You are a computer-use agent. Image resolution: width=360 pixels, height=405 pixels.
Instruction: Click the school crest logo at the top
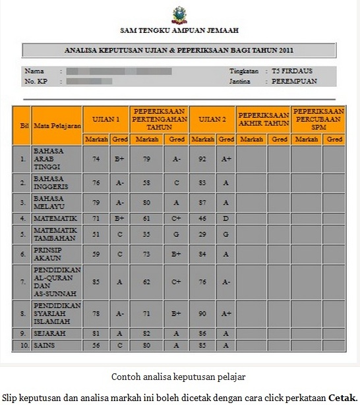tap(179, 14)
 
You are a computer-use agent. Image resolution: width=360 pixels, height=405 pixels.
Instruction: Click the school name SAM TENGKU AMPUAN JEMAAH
tap(179, 30)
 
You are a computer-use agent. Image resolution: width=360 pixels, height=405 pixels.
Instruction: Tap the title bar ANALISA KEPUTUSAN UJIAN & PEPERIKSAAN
tap(179, 50)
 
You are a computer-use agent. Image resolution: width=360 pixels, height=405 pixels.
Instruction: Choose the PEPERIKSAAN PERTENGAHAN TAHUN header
tap(158, 119)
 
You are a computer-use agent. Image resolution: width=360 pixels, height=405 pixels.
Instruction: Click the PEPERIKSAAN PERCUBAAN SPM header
tap(318, 119)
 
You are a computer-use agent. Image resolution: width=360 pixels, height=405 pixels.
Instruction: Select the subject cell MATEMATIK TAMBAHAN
tap(57, 234)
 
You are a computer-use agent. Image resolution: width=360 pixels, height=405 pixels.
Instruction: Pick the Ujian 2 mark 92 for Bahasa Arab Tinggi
tap(202, 159)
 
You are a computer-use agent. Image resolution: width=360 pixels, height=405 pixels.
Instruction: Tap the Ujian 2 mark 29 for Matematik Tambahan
tap(202, 234)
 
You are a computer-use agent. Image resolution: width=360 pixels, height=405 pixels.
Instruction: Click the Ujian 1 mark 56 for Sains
tap(96, 345)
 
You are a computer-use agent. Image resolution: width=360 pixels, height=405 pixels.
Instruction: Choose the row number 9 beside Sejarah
tap(23, 334)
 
